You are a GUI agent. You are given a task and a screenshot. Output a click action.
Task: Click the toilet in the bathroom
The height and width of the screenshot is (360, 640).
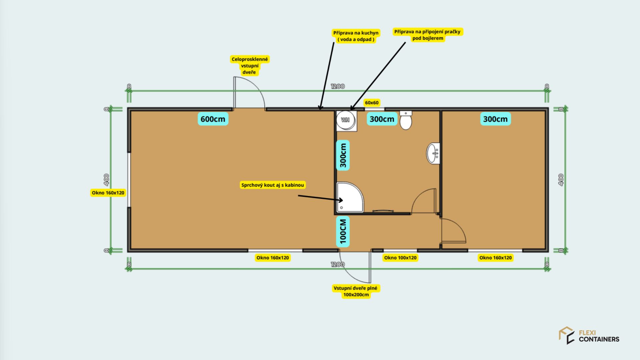coord(406,120)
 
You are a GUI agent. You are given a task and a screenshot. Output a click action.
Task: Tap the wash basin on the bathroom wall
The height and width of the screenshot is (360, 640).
coord(433,153)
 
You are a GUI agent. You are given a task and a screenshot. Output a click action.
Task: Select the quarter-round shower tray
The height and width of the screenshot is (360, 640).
coord(350,197)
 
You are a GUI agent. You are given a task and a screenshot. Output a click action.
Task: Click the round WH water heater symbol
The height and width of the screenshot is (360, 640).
coord(345,120)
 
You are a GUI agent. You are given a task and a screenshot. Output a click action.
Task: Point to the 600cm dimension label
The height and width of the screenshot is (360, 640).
coord(213,119)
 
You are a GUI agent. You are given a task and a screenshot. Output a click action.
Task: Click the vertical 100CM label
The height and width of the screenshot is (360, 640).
coord(343,232)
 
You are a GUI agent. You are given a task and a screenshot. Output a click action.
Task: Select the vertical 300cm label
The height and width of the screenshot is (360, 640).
coord(343,155)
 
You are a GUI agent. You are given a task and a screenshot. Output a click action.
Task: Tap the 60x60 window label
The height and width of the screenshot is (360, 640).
coord(372,103)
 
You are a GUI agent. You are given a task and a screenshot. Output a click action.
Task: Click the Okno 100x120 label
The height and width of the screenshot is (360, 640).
coord(400,258)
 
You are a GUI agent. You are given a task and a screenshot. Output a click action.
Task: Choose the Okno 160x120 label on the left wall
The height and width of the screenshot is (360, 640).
coord(108,193)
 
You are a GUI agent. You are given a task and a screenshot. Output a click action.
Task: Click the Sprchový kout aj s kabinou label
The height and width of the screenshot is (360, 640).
coord(273,185)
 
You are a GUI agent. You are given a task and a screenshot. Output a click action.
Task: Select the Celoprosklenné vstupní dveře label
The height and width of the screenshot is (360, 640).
coord(250,66)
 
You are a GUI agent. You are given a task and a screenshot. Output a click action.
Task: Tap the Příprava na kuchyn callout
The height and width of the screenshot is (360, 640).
coord(356,36)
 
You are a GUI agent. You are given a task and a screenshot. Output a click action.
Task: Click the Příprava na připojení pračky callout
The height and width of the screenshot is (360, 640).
coord(428,35)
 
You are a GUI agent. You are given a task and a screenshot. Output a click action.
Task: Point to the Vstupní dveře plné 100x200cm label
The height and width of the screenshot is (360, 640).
coord(356,291)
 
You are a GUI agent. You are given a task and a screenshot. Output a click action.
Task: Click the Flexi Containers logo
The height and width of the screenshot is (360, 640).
coord(589,336)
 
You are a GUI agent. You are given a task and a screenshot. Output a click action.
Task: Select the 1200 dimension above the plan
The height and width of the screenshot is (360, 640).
coord(338,86)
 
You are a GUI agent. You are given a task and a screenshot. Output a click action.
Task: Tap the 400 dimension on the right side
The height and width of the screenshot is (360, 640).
coord(561,180)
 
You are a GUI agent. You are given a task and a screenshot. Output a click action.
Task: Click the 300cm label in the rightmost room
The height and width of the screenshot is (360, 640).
coord(495,119)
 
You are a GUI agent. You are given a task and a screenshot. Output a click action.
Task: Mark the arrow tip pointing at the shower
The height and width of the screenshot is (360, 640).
coord(343,200)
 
